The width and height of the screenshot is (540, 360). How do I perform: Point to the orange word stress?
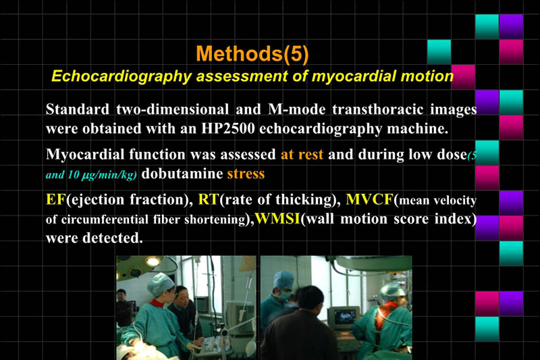pos(245,174)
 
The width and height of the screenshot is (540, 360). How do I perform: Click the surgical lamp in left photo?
pos(153,261)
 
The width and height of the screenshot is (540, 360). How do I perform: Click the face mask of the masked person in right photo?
pos(287,294)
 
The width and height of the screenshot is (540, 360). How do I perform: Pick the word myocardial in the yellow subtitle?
pos(350,76)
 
